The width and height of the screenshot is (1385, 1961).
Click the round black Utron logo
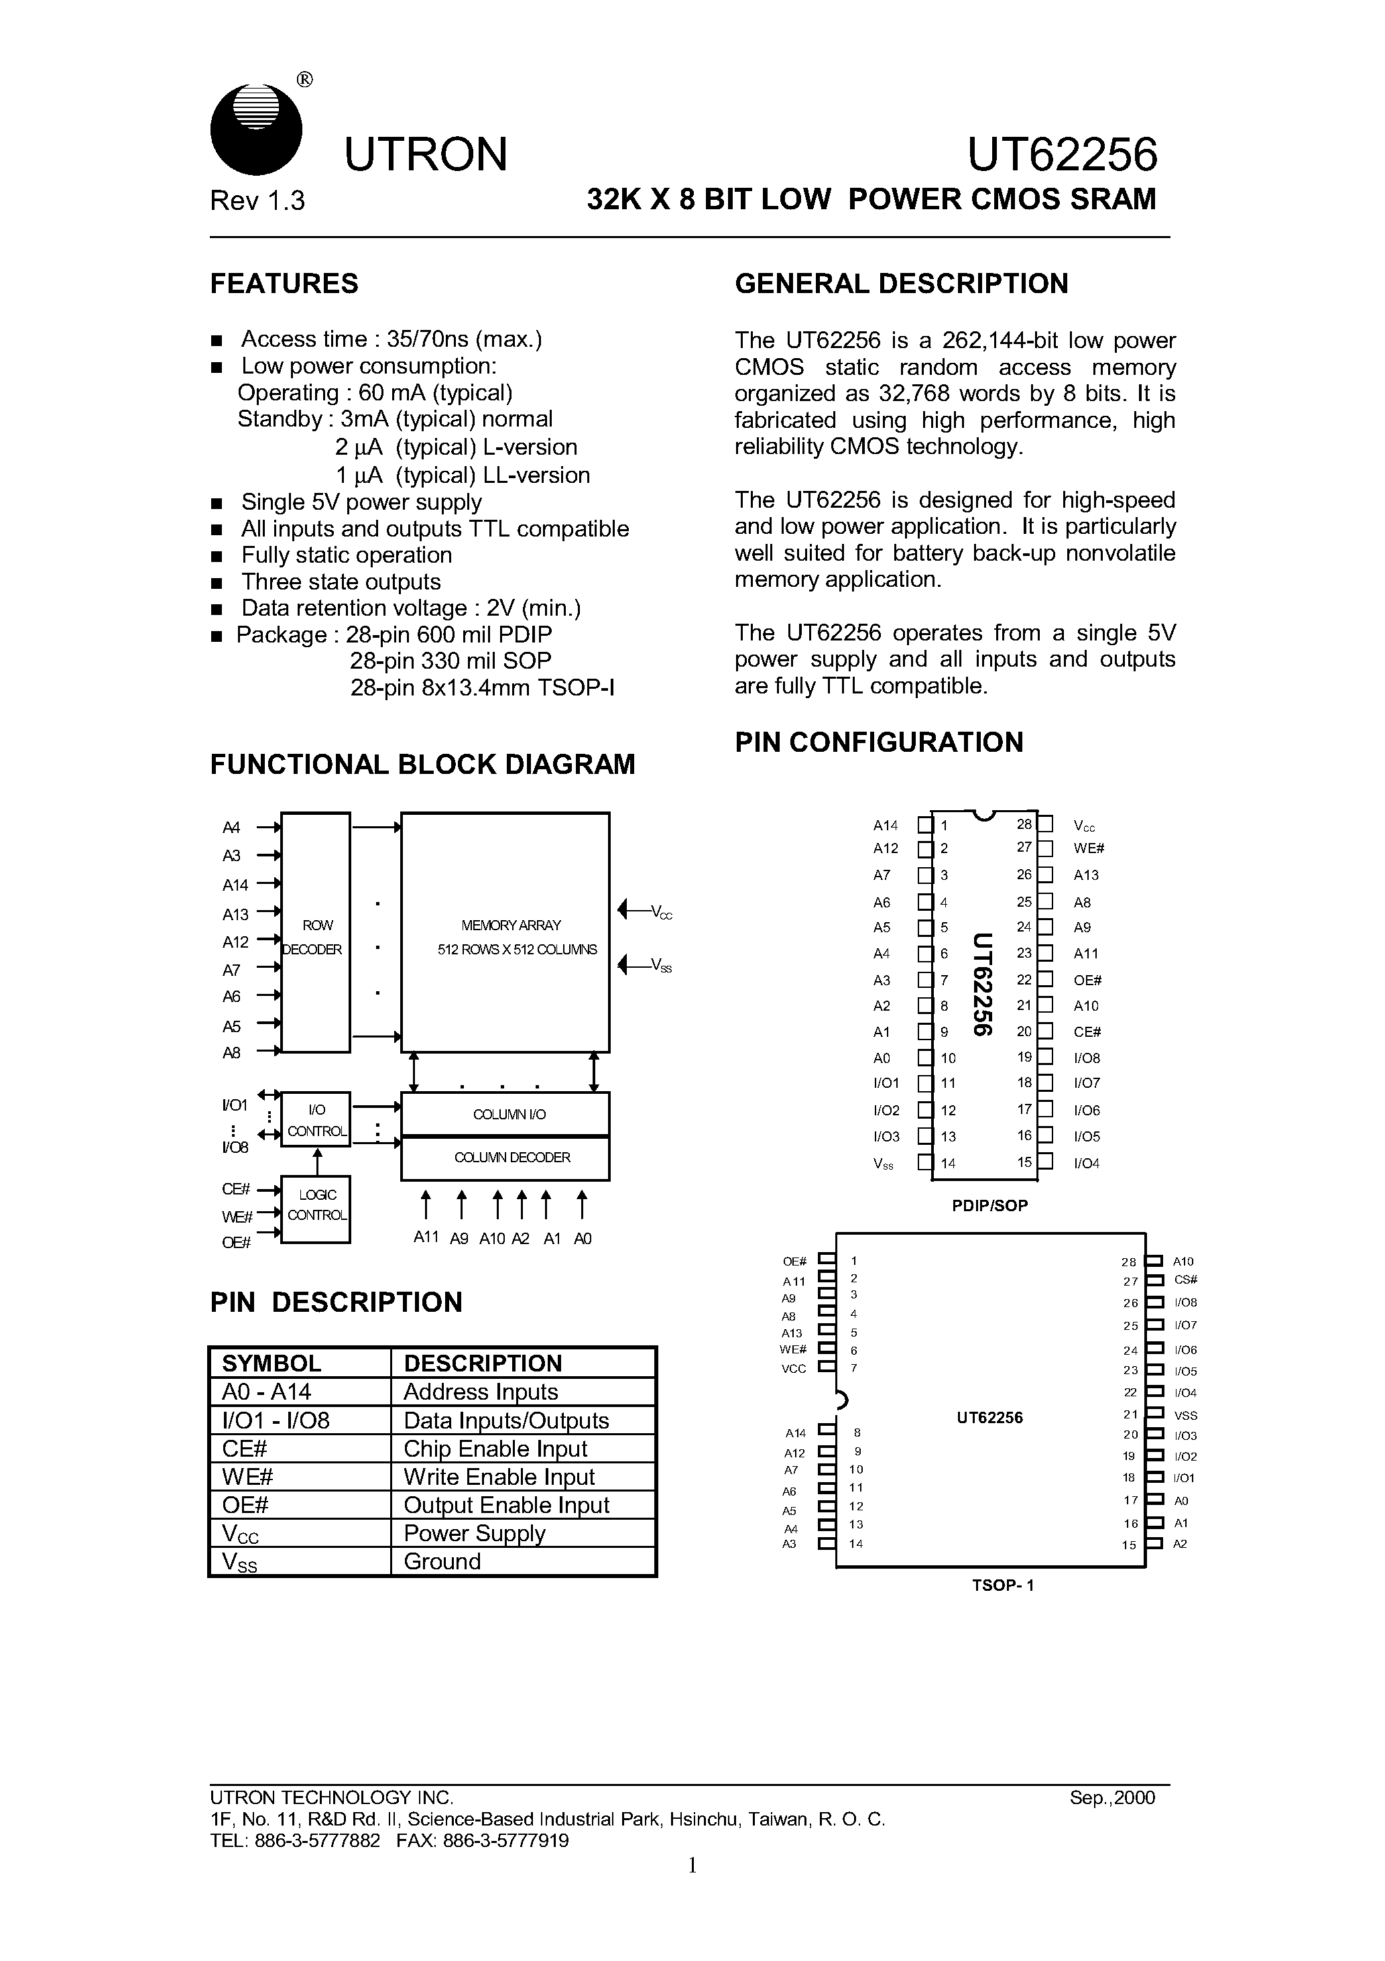(x=255, y=130)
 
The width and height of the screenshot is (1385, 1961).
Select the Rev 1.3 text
(x=257, y=201)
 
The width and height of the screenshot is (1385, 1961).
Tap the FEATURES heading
(x=284, y=284)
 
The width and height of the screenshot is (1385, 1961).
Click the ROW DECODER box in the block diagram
(x=315, y=933)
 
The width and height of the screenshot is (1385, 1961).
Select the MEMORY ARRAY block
(x=505, y=933)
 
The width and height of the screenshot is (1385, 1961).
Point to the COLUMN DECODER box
(x=505, y=1158)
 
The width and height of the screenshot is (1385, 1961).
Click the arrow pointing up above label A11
(x=425, y=1204)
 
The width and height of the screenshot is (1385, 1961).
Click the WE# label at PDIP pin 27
(x=1089, y=848)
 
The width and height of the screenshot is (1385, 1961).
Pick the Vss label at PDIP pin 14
(x=883, y=1164)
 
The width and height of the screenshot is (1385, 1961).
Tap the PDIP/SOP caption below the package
(x=989, y=1206)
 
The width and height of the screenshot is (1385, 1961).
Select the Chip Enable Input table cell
(x=495, y=1449)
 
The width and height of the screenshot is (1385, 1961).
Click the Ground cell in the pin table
(x=442, y=1561)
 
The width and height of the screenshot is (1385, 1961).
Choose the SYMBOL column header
(x=272, y=1363)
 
